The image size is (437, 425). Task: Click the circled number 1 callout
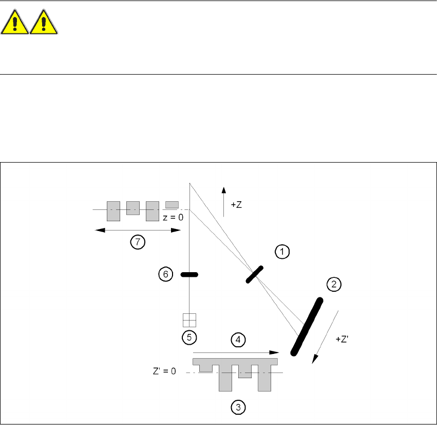click(x=282, y=252)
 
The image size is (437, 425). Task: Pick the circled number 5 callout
click(x=189, y=337)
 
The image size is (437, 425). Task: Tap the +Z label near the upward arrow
click(x=237, y=204)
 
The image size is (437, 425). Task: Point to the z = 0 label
click(x=173, y=217)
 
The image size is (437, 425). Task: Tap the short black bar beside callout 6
click(x=189, y=275)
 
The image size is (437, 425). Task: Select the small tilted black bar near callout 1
click(x=254, y=274)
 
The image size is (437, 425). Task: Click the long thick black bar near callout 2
click(x=307, y=326)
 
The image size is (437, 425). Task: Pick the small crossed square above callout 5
click(x=189, y=320)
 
